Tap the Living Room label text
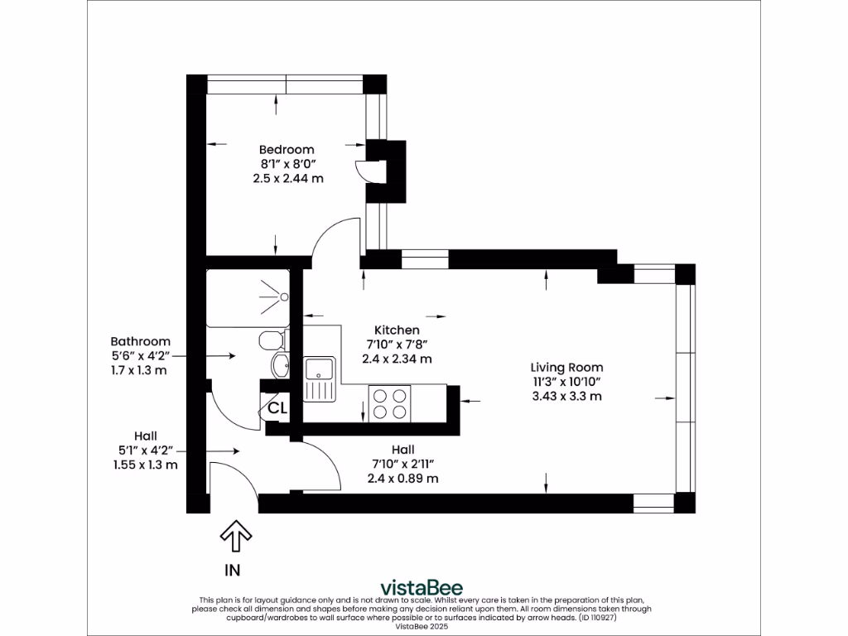566,367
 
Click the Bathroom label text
140,341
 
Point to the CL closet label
277,408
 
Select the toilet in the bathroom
271,340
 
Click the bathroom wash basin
280,365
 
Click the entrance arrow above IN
236,537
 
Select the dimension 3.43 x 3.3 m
566,396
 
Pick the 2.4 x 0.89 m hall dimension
402,479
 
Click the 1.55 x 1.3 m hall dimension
146,465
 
